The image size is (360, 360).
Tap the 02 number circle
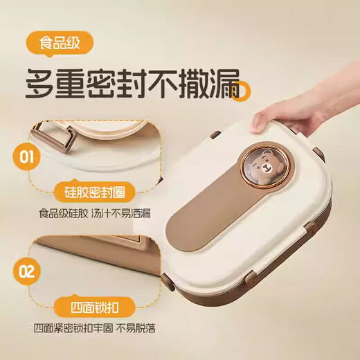(26, 271)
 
